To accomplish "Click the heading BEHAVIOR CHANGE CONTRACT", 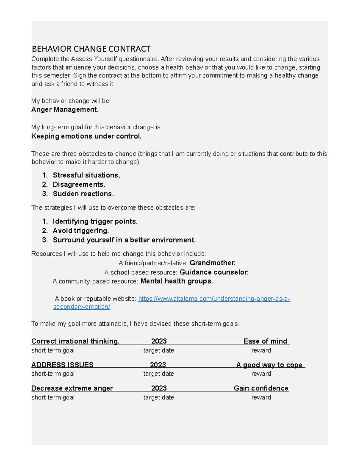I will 91,49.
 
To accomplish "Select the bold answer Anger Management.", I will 65,110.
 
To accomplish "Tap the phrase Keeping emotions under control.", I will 86,136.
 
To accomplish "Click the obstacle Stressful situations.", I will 86,175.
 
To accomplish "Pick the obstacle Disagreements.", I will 79,185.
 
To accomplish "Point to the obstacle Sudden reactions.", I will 83,194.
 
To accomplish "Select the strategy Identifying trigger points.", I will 95,221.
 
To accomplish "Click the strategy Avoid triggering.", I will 81,231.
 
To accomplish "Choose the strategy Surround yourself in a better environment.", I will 124,240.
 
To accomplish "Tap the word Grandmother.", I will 212,263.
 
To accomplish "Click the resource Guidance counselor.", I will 214,272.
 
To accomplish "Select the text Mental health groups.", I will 177,281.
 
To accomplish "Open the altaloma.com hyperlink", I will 214,299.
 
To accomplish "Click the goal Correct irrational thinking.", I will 75,341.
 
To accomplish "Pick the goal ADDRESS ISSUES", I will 62,365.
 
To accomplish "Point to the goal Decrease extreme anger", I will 72,388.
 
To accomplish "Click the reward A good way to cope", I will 269,365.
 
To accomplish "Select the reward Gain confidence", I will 261,388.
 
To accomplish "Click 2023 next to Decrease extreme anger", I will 159,388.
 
